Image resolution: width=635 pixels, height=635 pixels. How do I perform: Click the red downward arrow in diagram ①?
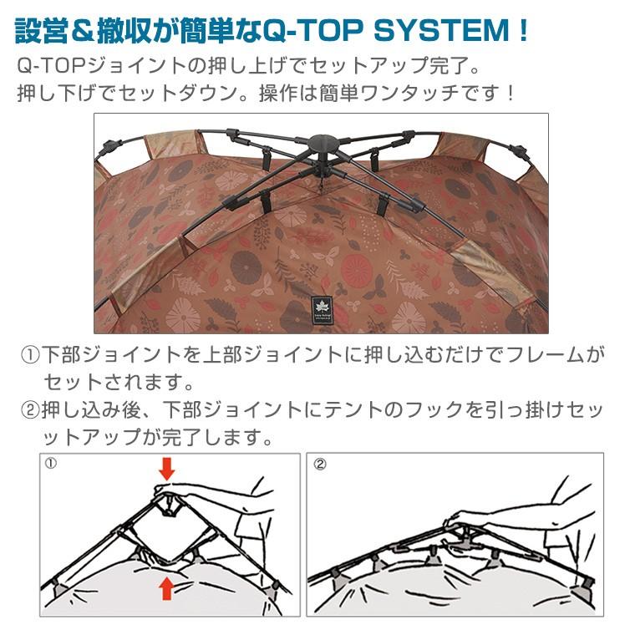(167, 467)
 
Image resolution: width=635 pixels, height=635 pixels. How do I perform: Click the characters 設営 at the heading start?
(41, 31)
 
